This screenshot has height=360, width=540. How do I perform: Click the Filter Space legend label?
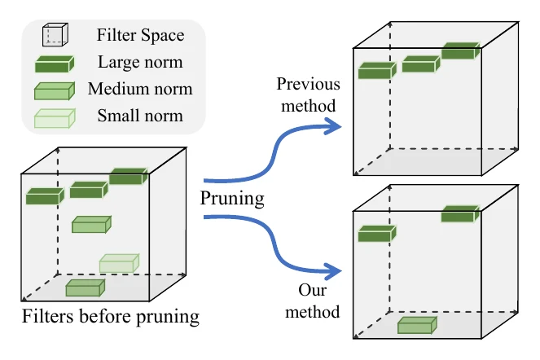point(140,35)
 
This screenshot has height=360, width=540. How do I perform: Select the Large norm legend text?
point(140,62)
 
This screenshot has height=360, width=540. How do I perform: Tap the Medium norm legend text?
point(140,89)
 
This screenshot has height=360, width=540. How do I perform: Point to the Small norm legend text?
point(140,116)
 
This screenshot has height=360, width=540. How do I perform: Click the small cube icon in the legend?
point(55,34)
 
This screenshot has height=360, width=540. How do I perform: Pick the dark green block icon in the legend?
point(55,64)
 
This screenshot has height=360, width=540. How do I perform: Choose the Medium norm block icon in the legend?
point(55,91)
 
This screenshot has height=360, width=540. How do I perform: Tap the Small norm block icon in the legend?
point(55,118)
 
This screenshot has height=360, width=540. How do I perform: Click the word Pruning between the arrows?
point(232,199)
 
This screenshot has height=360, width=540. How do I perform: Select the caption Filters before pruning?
point(111,316)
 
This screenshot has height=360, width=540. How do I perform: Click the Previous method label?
point(308,94)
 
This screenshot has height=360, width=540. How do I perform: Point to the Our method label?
point(313,301)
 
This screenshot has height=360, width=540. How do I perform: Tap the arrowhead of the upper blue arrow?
point(332,126)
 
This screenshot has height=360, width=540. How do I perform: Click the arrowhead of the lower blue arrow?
point(332,271)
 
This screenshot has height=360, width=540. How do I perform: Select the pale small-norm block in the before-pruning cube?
point(119,263)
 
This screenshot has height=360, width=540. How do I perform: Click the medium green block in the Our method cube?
point(417,325)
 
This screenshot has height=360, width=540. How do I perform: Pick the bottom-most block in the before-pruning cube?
point(85,288)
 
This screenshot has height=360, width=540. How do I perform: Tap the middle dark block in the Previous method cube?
point(421,64)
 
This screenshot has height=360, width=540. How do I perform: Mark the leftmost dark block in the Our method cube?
point(377,234)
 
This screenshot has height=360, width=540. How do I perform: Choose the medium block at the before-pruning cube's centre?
point(91,225)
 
